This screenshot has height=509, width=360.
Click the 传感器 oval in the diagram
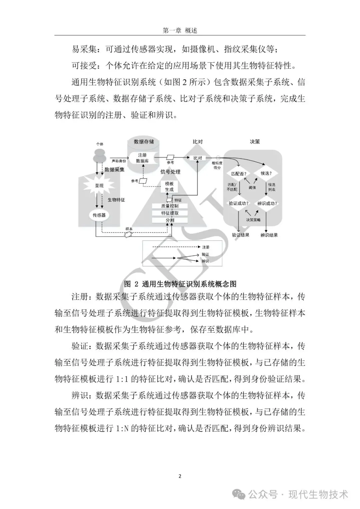[x=99, y=215]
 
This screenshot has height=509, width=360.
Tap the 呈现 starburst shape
[x=99, y=185]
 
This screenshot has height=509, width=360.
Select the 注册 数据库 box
[x=142, y=158]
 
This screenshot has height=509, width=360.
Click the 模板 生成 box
[x=169, y=187]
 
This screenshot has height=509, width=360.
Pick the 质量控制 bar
[x=170, y=206]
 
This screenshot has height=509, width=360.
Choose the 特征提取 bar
[x=170, y=213]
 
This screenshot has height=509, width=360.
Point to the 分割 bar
[x=170, y=220]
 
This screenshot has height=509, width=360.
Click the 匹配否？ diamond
[x=239, y=174]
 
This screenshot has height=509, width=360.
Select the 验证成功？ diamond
[x=239, y=203]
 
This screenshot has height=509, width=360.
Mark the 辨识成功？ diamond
[x=267, y=203]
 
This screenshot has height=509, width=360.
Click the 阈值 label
[x=252, y=187]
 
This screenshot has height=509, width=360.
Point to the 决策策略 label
[x=253, y=220]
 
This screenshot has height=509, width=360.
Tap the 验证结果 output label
[x=241, y=235]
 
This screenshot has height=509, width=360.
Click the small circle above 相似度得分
[x=218, y=158]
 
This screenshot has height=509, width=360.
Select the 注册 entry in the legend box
[x=206, y=247]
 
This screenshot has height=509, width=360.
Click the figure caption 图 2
[x=180, y=284]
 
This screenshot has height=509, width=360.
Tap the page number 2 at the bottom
[x=180, y=476]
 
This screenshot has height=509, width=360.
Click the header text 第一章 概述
[x=180, y=30]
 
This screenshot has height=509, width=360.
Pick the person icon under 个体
[x=99, y=154]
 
